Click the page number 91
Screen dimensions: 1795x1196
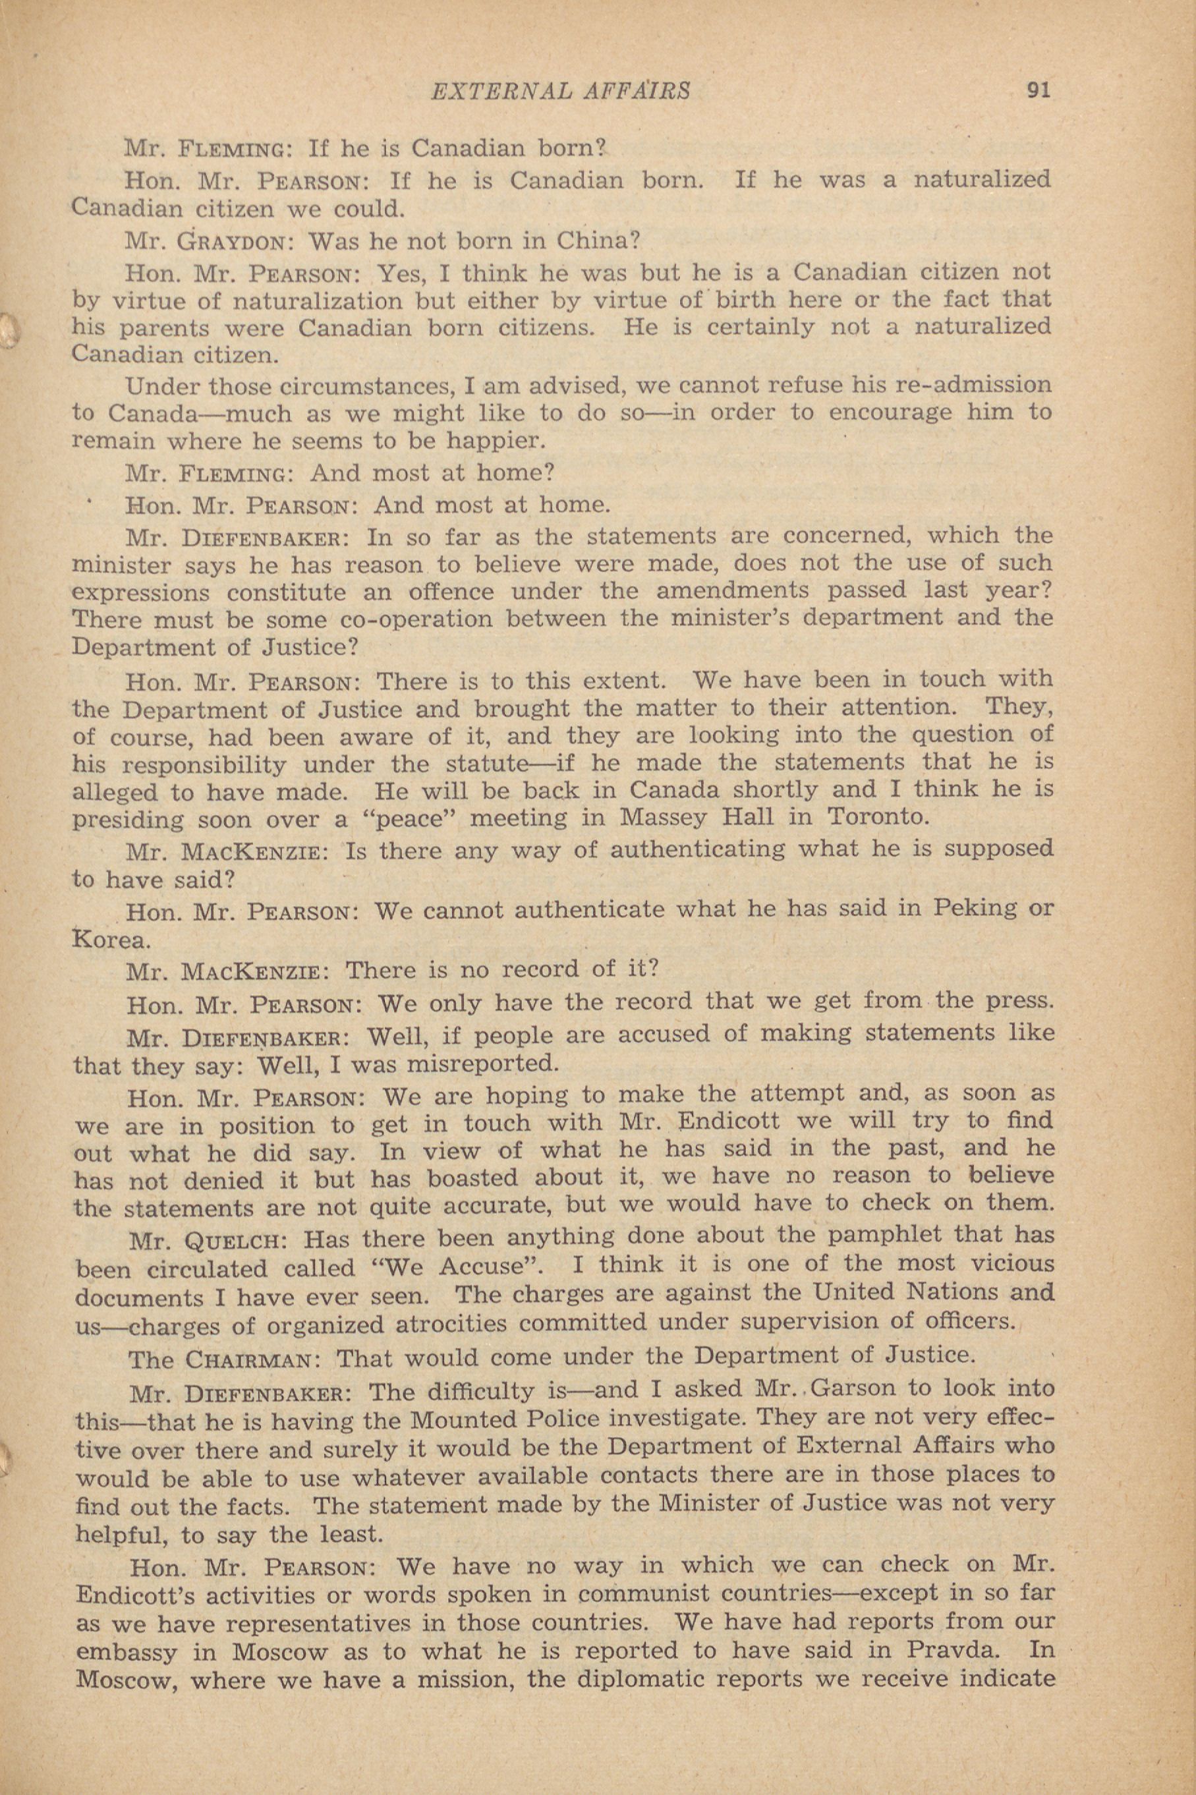tap(1038, 91)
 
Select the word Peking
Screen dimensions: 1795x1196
tap(969, 908)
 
